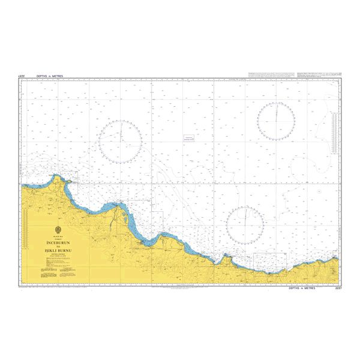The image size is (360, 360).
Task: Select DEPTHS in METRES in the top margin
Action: coord(49,77)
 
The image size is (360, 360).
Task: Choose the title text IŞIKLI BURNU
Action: coord(59,251)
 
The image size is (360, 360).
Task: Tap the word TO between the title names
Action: coord(59,246)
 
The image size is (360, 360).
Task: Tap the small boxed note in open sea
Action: coord(190,139)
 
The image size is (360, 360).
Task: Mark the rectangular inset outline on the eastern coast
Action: coord(269,260)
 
